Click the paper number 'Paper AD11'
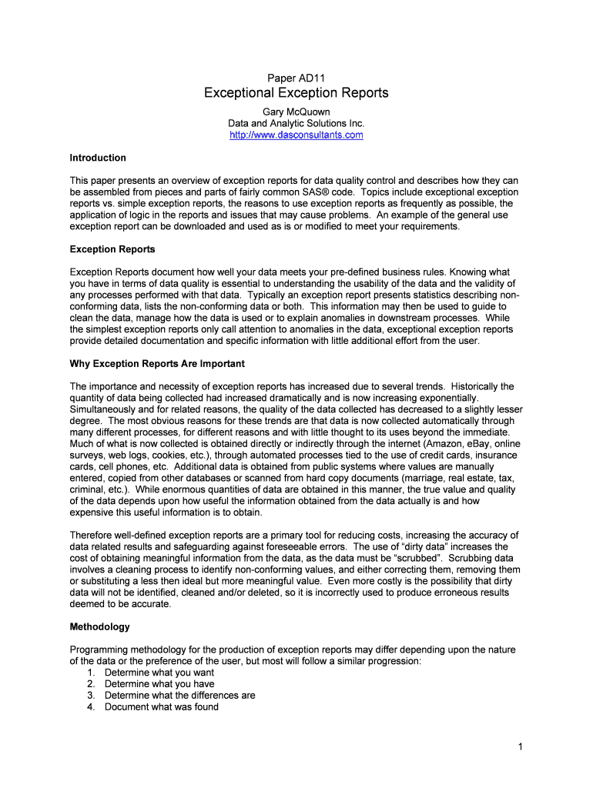[296, 78]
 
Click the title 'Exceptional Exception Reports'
[296, 93]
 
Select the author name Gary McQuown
[296, 112]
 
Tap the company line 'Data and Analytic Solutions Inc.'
[296, 124]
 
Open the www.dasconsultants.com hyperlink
[296, 135]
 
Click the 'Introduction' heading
[98, 158]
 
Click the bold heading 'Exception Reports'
[112, 249]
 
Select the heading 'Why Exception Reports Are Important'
[157, 363]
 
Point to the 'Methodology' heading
[100, 627]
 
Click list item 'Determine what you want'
[159, 673]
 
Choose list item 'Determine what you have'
[159, 684]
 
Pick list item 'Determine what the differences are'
[179, 696]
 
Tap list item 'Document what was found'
[162, 707]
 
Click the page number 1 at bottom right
[521, 747]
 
